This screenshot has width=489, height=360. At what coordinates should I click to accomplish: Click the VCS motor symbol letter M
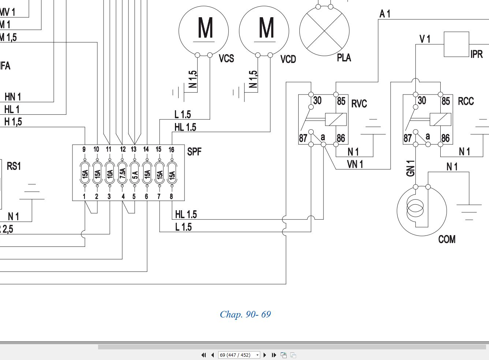pos(205,27)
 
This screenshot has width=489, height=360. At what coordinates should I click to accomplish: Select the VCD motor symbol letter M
pos(266,27)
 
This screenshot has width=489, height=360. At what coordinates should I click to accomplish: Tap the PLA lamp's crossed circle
pos(324,31)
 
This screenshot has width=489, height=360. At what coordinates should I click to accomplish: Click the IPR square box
pos(456,44)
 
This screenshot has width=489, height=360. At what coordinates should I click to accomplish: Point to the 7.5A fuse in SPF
pos(122,173)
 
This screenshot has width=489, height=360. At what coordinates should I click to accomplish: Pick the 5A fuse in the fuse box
pos(135,173)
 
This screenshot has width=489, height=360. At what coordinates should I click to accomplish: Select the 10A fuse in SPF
pos(110,173)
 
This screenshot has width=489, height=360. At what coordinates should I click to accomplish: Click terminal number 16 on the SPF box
pos(171,150)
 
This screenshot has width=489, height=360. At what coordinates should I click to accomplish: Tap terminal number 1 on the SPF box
pos(84,196)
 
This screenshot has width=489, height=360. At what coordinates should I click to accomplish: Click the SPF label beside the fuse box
pos(194,152)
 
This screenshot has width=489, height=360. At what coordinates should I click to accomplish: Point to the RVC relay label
pos(359,104)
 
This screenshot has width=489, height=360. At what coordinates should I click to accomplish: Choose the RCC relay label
pos(466,101)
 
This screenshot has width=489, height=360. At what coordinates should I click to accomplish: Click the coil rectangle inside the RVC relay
pos(336,119)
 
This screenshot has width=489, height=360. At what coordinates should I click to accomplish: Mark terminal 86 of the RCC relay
pos(445,138)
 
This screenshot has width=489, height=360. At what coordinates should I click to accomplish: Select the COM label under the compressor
pos(447,239)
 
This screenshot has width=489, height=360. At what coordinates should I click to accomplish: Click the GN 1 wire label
pos(410,168)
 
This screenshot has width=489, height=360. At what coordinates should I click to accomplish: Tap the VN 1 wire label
pos(355,164)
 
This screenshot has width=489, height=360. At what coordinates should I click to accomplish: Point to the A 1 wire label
pos(385,14)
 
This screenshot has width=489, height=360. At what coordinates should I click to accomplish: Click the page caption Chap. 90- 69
pos(245,314)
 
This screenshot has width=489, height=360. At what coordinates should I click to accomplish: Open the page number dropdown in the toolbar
pos(258,355)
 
